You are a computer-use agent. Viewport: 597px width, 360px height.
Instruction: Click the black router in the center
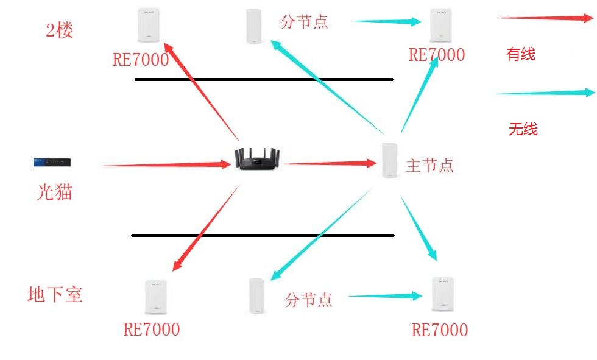(x=259, y=158)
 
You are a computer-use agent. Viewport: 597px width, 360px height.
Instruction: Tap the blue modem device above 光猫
(x=53, y=162)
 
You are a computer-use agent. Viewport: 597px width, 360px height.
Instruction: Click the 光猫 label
(x=54, y=192)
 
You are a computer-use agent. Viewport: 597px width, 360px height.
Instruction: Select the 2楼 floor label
(x=60, y=30)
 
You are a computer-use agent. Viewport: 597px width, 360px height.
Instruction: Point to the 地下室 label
(x=55, y=295)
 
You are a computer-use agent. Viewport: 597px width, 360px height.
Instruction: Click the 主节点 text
(x=429, y=165)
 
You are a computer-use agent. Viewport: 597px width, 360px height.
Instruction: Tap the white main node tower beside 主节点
(x=389, y=160)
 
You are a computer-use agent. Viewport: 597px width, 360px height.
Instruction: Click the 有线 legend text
(x=521, y=55)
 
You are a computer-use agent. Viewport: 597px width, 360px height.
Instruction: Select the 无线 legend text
(x=523, y=129)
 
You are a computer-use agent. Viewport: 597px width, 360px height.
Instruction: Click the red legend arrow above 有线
(x=545, y=18)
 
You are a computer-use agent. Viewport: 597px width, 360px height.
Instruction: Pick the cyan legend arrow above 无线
(x=545, y=93)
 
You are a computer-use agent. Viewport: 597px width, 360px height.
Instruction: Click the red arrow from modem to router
(x=164, y=164)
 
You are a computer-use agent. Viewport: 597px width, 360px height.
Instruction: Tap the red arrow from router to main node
(x=329, y=163)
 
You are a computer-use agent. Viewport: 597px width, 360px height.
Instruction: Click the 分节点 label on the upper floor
(x=304, y=22)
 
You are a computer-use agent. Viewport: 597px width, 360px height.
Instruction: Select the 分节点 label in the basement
(x=308, y=300)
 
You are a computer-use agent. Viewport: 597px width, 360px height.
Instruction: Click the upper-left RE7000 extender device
(x=148, y=25)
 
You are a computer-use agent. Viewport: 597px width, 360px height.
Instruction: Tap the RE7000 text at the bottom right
(x=440, y=330)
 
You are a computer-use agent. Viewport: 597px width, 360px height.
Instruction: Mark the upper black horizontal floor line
(x=264, y=79)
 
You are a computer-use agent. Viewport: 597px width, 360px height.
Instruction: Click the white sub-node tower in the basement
(x=257, y=296)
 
